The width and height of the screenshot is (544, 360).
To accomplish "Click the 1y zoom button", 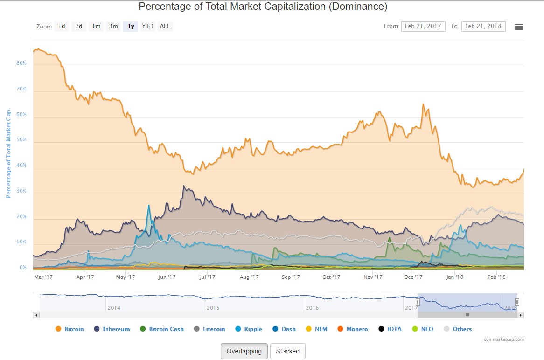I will pyautogui.click(x=131, y=26).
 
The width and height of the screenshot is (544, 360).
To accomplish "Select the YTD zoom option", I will pyautogui.click(x=147, y=26).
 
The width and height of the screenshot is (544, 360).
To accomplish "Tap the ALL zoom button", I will pyautogui.click(x=165, y=26).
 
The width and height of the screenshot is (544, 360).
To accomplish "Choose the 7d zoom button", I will pyautogui.click(x=79, y=26).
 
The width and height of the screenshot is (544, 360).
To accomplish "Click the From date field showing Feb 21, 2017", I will pyautogui.click(x=423, y=26).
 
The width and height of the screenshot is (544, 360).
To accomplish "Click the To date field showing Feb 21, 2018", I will pyautogui.click(x=483, y=26).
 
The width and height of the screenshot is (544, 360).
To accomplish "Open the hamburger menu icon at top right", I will pyautogui.click(x=518, y=27).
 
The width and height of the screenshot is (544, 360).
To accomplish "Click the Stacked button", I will pyautogui.click(x=287, y=351).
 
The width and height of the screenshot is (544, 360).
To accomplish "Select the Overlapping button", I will pyautogui.click(x=244, y=351).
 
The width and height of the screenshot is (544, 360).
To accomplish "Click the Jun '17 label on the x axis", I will pyautogui.click(x=167, y=277).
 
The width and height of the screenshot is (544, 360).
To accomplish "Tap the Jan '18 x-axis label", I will pyautogui.click(x=455, y=277).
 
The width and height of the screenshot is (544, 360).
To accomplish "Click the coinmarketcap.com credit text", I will pyautogui.click(x=504, y=339).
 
